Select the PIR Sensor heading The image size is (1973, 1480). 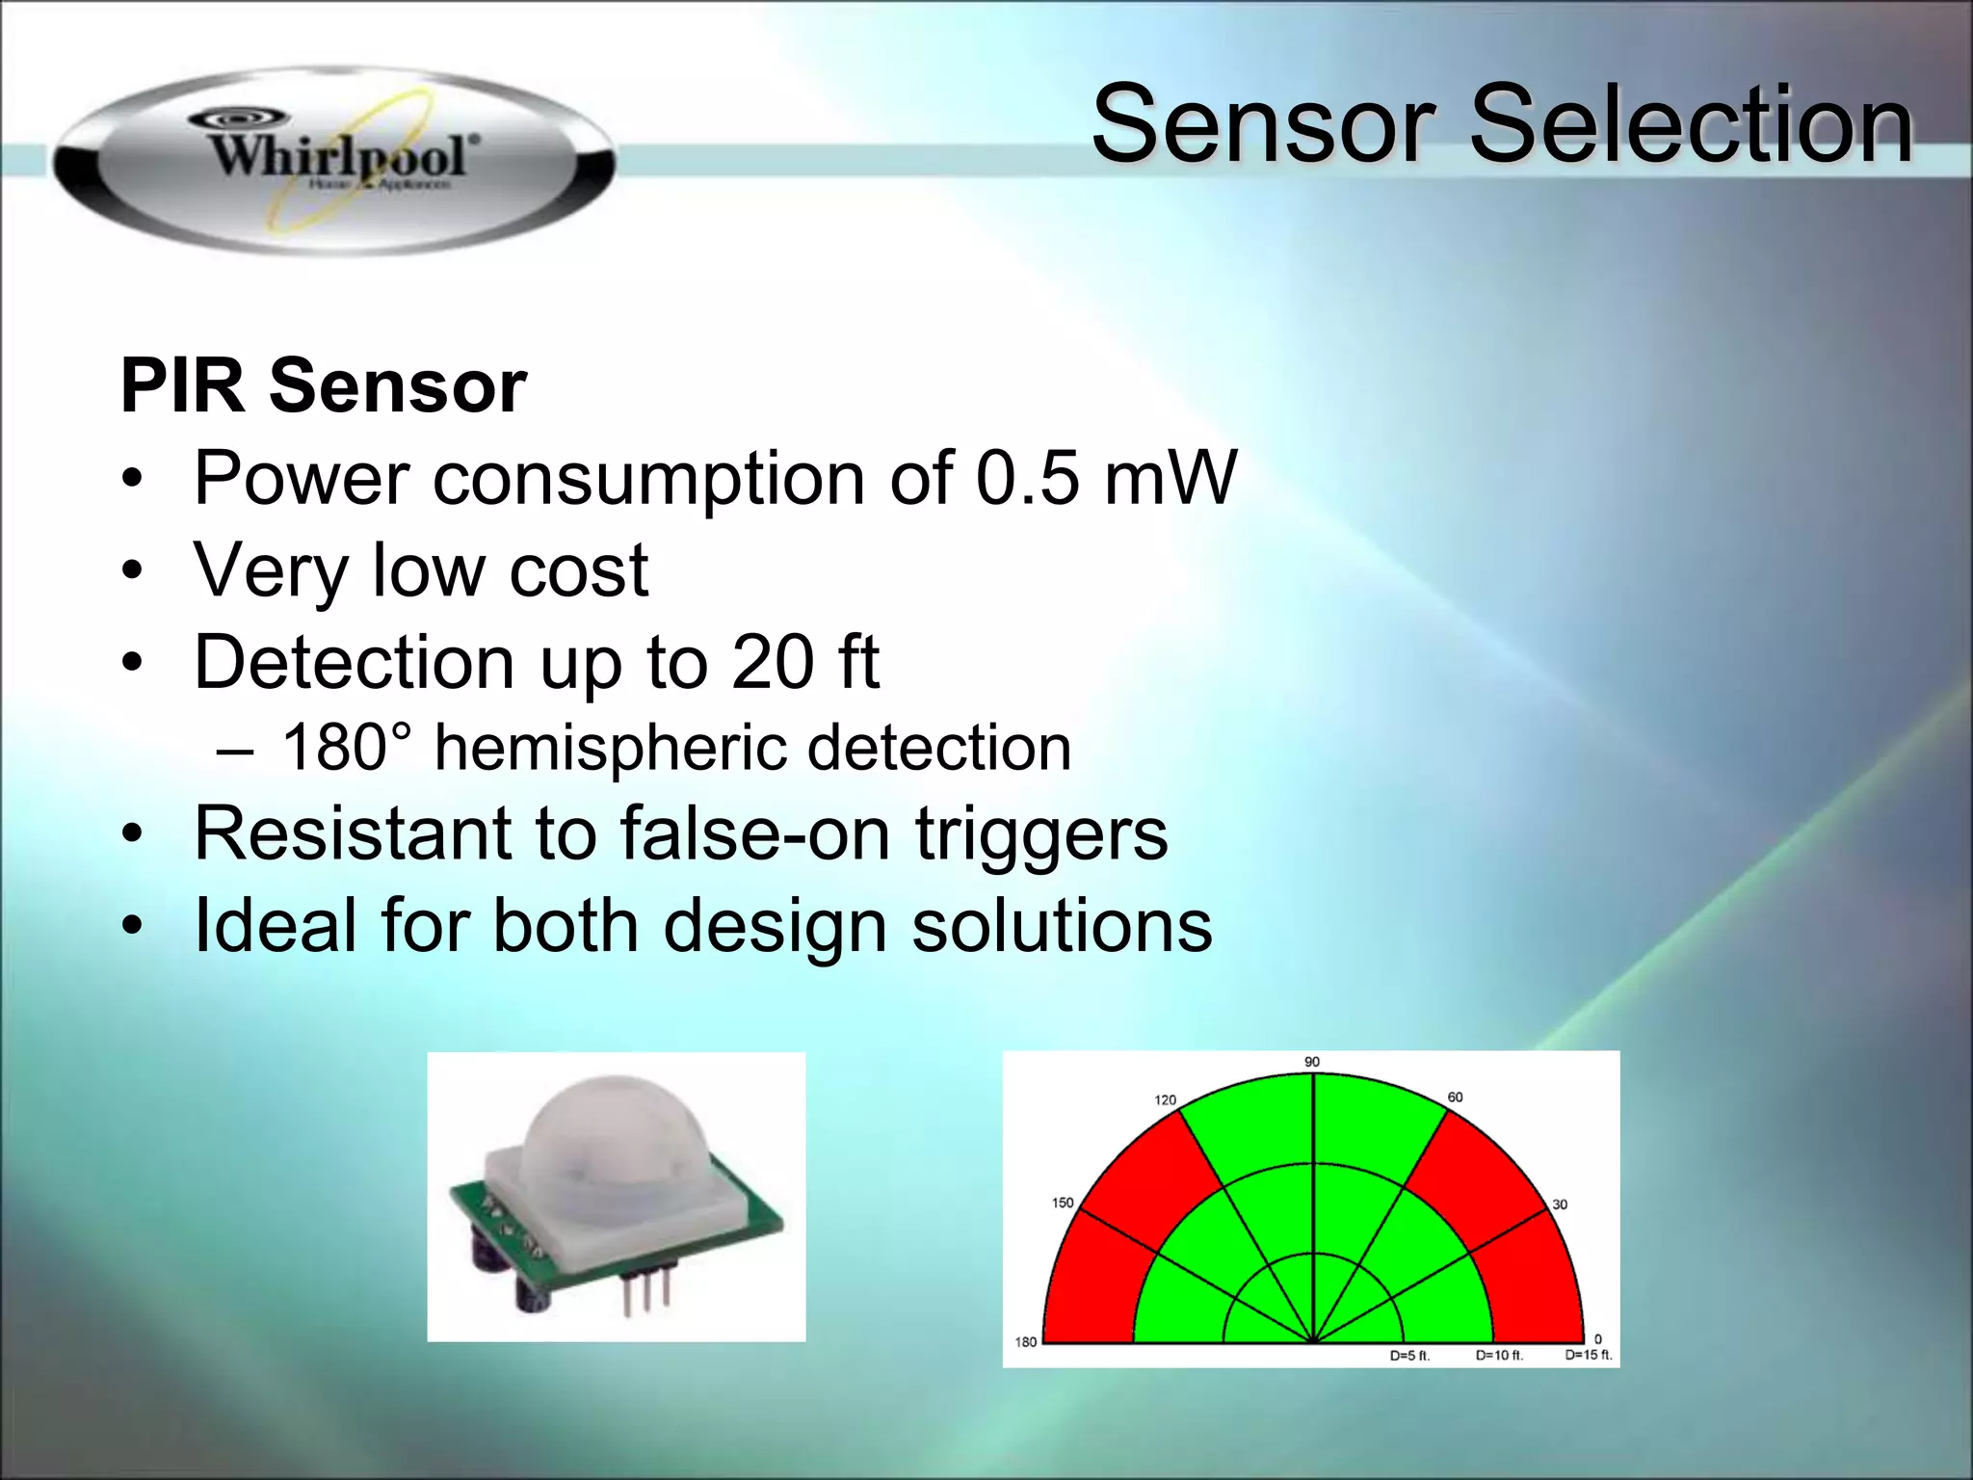(x=324, y=386)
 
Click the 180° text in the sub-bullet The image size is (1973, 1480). (x=346, y=748)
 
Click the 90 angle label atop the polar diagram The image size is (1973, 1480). (x=1312, y=1062)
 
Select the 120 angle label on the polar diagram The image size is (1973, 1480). (x=1165, y=1099)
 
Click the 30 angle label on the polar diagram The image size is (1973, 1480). (x=1560, y=1204)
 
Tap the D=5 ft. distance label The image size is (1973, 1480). (x=1409, y=1356)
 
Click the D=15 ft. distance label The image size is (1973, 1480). (x=1588, y=1355)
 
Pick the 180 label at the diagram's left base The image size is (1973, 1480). (x=1026, y=1342)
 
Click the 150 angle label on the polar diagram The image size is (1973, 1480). (x=1062, y=1202)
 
